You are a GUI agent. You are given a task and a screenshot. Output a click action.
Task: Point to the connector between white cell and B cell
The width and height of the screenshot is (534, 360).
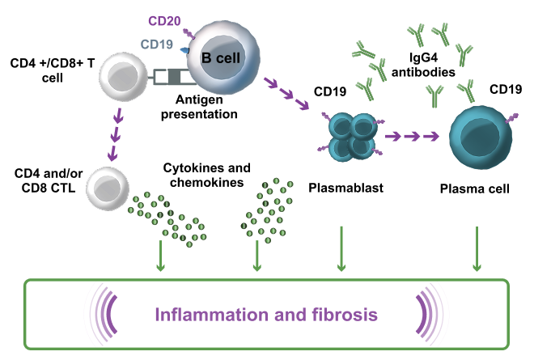(172, 77)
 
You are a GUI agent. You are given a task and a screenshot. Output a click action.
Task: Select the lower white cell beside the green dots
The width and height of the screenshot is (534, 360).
(108, 188)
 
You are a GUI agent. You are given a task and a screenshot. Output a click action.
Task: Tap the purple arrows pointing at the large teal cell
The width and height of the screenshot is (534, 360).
(412, 136)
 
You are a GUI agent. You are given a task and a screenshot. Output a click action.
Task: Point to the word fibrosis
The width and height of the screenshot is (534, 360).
(345, 313)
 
